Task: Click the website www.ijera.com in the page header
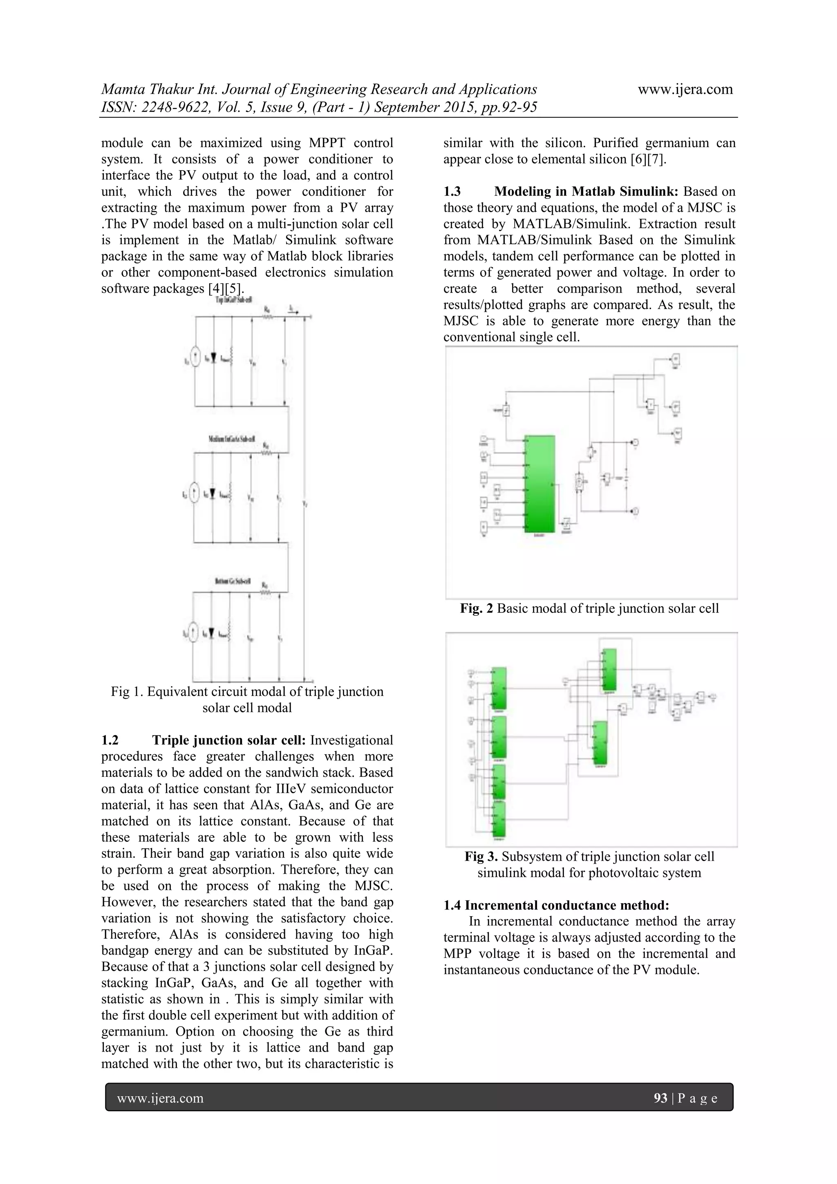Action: (x=685, y=89)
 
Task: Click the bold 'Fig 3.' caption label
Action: (x=481, y=857)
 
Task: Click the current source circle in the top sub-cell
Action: (x=195, y=358)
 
